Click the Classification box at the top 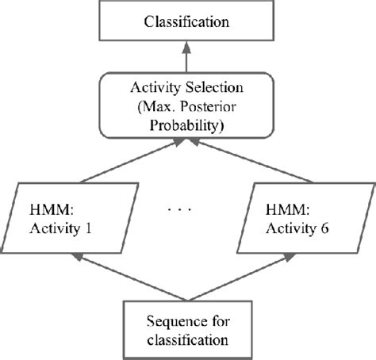(x=188, y=21)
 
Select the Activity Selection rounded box (x=188, y=113)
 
